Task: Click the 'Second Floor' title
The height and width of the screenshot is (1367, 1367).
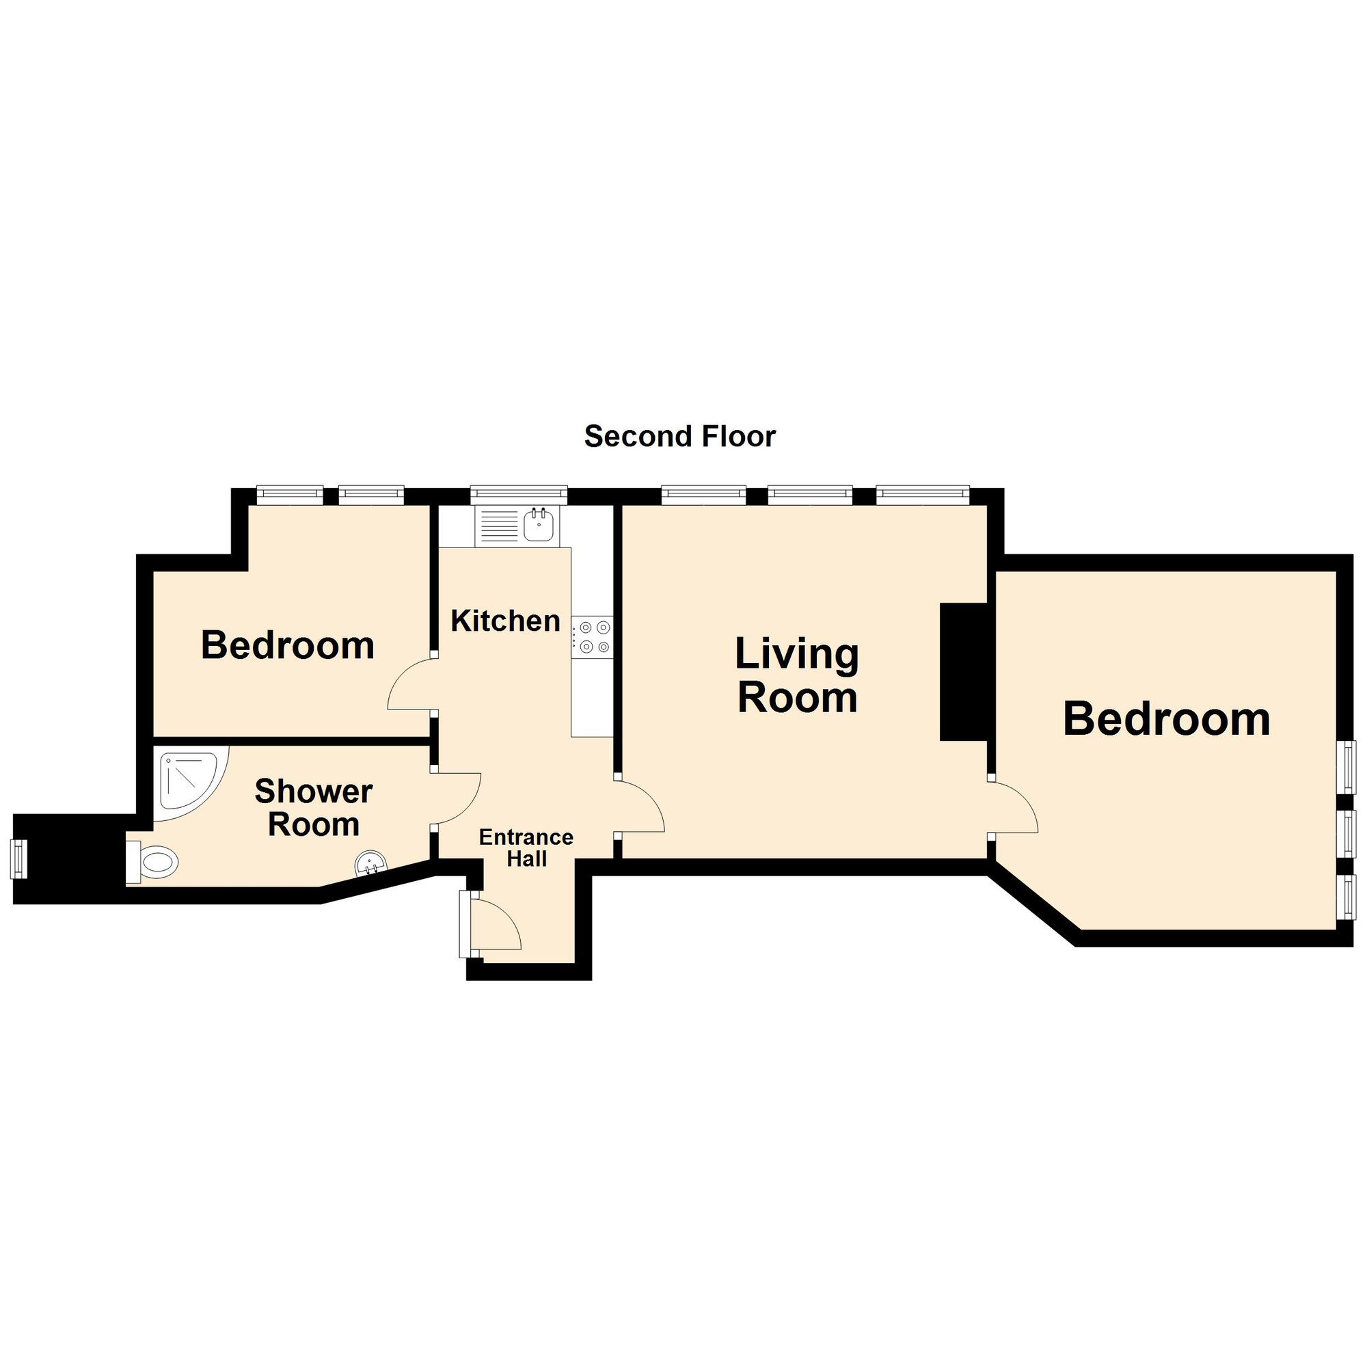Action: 679,437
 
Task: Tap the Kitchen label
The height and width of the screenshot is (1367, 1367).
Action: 505,621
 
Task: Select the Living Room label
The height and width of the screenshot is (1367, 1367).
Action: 797,675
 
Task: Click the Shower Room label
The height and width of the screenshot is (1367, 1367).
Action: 314,807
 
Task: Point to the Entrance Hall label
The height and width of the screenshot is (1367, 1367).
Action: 526,848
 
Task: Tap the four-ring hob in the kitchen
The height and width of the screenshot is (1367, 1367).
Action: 593,636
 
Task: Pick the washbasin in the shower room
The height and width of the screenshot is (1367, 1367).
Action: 370,863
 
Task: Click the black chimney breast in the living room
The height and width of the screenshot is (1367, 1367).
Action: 963,671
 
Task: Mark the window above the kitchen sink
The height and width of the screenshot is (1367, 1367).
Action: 519,493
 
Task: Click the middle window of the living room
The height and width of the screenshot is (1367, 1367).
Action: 810,493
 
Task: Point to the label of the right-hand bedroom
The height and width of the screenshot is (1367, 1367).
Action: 1166,719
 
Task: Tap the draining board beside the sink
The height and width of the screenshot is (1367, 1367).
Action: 500,526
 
